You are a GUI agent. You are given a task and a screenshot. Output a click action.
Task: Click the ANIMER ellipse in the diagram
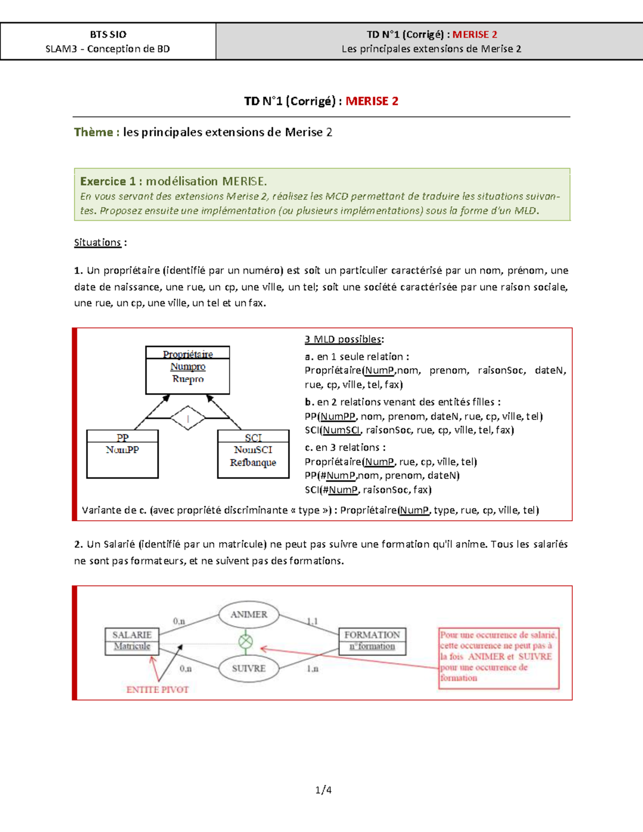coord(249,614)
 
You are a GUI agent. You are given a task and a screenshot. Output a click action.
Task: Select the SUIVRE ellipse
coord(249,668)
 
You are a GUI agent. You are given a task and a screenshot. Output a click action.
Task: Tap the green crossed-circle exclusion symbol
coord(245,641)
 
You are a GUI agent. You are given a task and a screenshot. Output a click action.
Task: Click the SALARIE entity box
coord(132,641)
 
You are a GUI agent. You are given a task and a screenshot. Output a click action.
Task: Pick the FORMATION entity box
coord(372,641)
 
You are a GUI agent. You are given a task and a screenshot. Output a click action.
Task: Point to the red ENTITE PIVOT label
coord(158,689)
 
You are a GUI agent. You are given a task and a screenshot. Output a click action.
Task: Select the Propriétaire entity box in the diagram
coord(188,370)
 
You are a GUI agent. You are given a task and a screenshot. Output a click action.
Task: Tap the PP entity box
coord(122,454)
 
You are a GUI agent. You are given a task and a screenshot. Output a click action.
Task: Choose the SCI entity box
coord(253,454)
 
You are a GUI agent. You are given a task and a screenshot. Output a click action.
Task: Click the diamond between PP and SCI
coord(188,418)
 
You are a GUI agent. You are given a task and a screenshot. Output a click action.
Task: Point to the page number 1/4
coord(323,790)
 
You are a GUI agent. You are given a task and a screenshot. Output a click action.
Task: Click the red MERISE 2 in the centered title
coord(372,101)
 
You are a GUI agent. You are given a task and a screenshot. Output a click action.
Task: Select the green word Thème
coord(94,132)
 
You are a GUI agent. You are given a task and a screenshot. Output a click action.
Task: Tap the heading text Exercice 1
coord(108,181)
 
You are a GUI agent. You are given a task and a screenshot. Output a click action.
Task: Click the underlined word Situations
coord(98,243)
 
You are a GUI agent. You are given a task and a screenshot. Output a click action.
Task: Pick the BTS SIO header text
coord(108,35)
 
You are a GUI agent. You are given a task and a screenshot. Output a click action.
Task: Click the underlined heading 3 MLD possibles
coord(343,339)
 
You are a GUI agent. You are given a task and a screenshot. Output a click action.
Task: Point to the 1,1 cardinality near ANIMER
coord(312,621)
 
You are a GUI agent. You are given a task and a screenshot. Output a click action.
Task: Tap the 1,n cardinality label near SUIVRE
coord(312,669)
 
